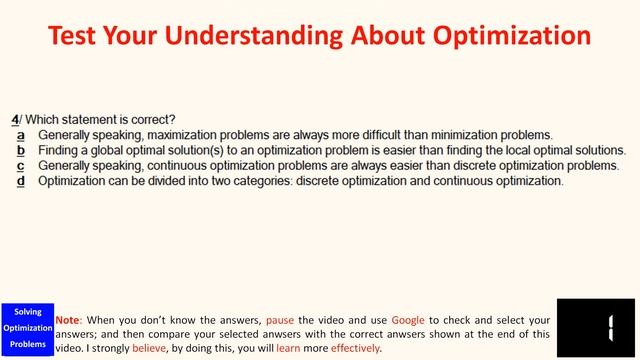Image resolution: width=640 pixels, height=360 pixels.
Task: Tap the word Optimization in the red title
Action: (x=510, y=37)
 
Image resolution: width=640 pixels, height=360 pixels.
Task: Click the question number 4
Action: (x=15, y=119)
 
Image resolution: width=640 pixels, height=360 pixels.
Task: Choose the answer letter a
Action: (x=20, y=134)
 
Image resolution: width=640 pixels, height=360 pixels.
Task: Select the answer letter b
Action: (x=20, y=150)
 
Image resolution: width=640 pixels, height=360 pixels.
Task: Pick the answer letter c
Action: (x=20, y=166)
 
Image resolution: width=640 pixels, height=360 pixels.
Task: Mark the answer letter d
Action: (x=20, y=182)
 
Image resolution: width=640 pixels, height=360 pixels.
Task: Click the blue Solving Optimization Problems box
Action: (x=27, y=329)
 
